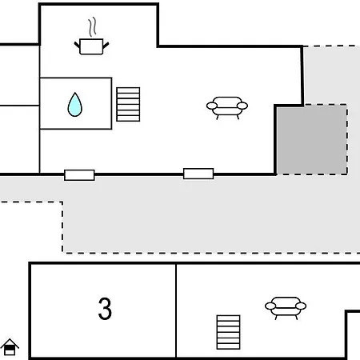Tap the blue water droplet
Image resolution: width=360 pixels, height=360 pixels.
(75, 105)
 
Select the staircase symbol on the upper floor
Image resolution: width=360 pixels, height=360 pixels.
(128, 104)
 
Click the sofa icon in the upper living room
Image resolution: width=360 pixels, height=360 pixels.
(227, 108)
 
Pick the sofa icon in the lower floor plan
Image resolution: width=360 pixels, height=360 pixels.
(286, 308)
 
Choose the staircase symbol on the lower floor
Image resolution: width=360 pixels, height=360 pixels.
(229, 332)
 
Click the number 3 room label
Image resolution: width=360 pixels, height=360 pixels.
(105, 309)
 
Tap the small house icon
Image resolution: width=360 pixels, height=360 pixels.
(10, 347)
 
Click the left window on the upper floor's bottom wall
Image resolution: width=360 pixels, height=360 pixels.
(79, 175)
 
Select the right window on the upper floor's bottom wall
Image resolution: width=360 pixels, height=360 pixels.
(198, 174)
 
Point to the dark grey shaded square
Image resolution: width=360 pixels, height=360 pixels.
(312, 140)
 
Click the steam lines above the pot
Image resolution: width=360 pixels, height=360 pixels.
(92, 26)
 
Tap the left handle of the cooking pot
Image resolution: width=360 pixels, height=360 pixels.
(77, 45)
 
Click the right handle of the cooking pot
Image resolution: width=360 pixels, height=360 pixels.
(106, 45)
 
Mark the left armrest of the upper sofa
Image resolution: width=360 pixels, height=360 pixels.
(212, 106)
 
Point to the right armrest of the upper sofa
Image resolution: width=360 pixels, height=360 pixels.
(242, 106)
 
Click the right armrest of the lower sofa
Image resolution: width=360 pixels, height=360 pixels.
(301, 306)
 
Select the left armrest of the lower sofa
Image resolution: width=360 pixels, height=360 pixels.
(270, 306)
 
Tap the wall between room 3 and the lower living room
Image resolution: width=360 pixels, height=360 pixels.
(176, 310)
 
